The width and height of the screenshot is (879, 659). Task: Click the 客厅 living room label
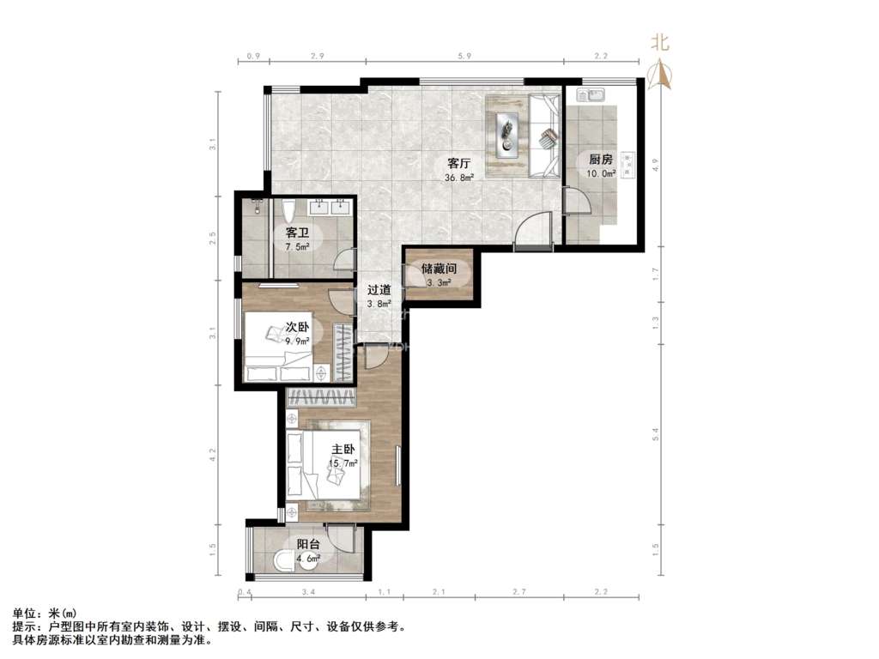point(458,164)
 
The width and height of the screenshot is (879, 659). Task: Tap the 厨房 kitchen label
point(601,159)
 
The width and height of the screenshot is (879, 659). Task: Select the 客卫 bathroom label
point(297,233)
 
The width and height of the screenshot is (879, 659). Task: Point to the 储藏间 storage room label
point(439,269)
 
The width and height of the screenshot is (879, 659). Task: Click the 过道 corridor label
point(379,290)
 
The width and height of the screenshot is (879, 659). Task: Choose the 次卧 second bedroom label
point(297,327)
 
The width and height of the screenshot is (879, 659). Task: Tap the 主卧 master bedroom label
point(343,450)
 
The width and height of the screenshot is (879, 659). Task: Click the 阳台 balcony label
point(308,544)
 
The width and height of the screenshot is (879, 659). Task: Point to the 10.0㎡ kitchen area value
point(601,173)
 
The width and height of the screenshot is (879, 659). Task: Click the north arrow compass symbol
point(660,76)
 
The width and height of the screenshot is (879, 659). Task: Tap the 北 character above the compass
point(660,42)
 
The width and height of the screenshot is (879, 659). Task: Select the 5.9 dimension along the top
point(464,56)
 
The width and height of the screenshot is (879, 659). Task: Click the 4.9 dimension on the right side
point(655,165)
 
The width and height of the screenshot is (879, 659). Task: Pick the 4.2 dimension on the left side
point(213,454)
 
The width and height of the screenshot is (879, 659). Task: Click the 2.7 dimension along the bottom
point(519,592)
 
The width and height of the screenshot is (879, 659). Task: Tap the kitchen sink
point(589,95)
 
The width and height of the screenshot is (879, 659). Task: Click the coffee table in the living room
point(507,135)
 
